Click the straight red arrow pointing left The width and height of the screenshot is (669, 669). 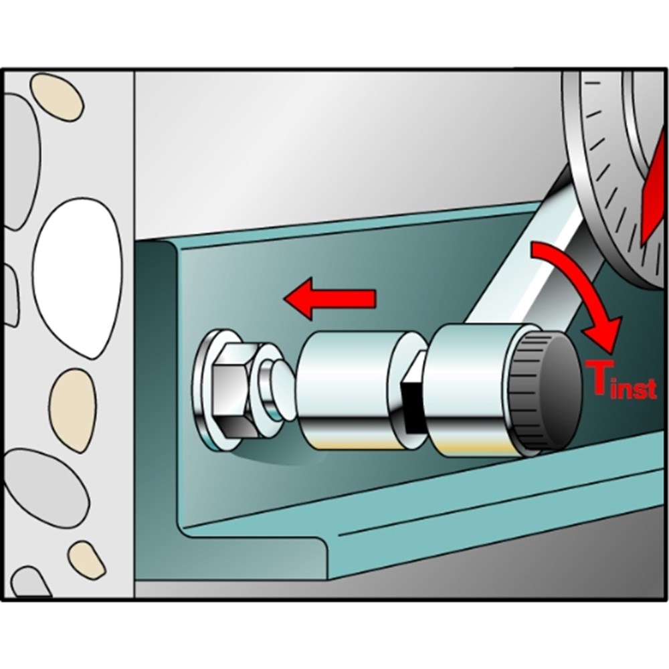[x=329, y=298]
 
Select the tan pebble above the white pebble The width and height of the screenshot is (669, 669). [x=56, y=97]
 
